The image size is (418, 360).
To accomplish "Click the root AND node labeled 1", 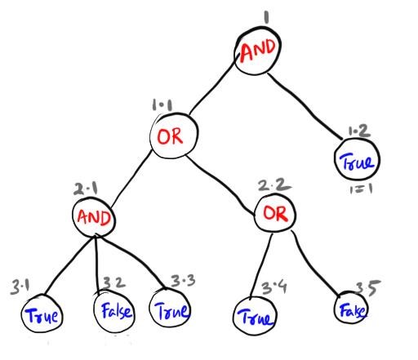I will [259, 51].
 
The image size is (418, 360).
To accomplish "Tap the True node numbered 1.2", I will [357, 160].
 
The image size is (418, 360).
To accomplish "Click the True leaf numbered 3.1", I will [41, 313].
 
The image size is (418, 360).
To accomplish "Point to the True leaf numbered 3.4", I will [254, 313].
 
